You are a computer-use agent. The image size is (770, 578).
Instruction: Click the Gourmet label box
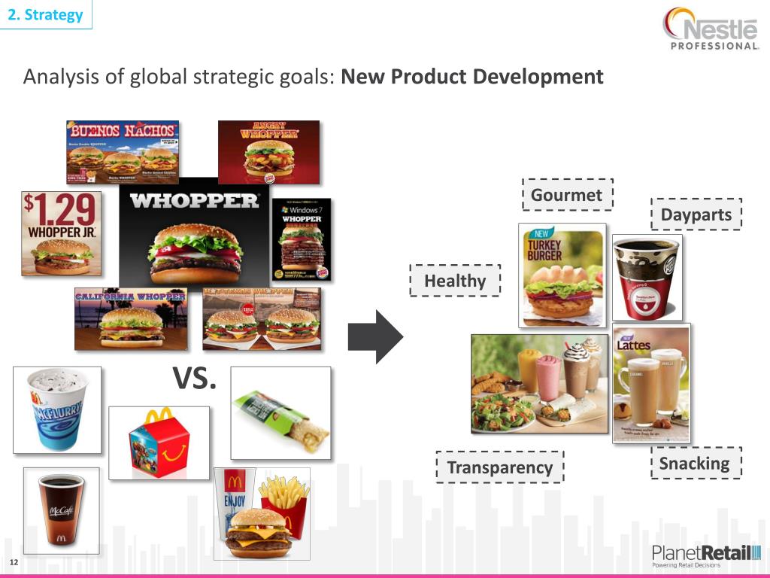[x=568, y=195]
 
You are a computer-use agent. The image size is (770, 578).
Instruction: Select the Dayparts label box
[x=696, y=214]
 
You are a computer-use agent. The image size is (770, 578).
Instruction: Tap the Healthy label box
[x=455, y=281]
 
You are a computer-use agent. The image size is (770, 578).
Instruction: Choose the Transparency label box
[x=499, y=467]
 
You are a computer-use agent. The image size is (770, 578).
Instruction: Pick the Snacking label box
[x=694, y=463]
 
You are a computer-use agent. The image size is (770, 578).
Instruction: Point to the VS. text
[x=195, y=379]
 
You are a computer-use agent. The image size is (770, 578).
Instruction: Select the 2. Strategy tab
[x=46, y=14]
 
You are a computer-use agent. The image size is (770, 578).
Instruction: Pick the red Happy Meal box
[x=159, y=443]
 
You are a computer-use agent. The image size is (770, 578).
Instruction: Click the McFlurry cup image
[x=56, y=410]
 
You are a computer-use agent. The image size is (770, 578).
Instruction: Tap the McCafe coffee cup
[x=61, y=508]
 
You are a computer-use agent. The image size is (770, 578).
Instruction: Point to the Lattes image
[x=651, y=382]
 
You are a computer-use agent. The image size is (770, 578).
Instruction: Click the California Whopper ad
[x=131, y=319]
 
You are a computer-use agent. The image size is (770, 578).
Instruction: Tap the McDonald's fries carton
[x=283, y=506]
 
